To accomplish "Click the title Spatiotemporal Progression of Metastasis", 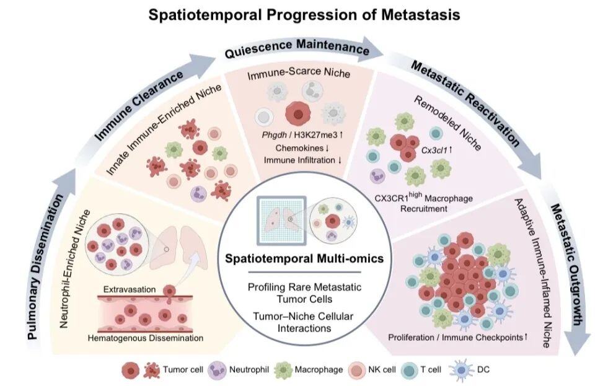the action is [304, 15].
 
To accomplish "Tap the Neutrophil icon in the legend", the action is [218, 371].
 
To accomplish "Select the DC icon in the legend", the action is [464, 371].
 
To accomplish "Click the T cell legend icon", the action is [410, 371].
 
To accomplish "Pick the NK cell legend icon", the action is [357, 371].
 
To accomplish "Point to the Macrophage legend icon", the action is [283, 371].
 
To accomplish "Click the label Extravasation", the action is [130, 289].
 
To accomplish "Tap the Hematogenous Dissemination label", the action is [146, 338].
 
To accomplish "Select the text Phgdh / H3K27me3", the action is [299, 135].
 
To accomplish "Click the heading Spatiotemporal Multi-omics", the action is [304, 258].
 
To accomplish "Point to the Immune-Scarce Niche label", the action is [299, 73].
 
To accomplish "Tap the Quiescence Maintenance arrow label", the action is [297, 48].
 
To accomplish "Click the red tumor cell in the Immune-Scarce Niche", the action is [297, 113].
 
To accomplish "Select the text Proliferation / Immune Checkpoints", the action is [455, 337].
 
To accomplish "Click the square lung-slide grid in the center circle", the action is [282, 221].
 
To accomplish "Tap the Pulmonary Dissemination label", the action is [46, 267].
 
